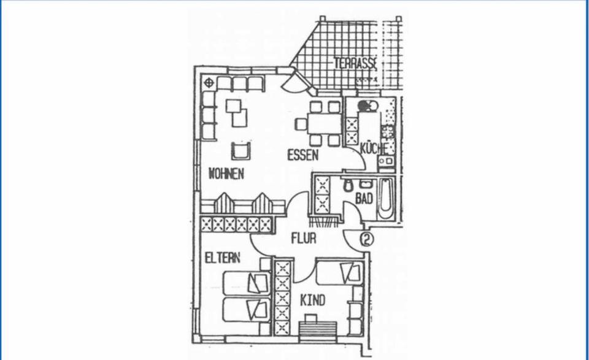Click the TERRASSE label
[x=355, y=63]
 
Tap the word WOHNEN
[x=226, y=174]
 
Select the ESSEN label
[x=303, y=155]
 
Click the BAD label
[x=364, y=199]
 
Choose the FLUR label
[x=303, y=238]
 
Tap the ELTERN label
[x=223, y=258]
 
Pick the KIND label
[x=312, y=301]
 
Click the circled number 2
[x=367, y=239]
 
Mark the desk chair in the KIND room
[x=312, y=318]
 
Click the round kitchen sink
[x=364, y=105]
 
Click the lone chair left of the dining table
[x=301, y=124]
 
